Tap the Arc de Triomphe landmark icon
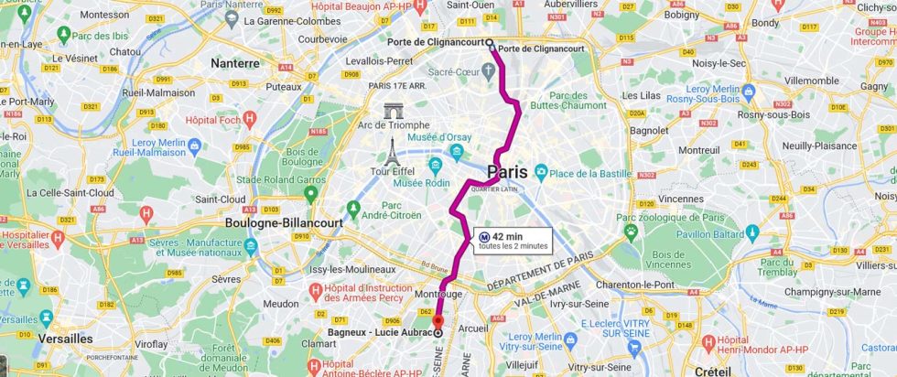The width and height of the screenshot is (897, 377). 394,112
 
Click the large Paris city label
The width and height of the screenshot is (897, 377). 507,172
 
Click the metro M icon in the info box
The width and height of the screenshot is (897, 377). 483,236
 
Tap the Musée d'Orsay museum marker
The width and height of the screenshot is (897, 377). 457,151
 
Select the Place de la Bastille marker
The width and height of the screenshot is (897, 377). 541,172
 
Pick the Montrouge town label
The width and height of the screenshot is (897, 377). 438,294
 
